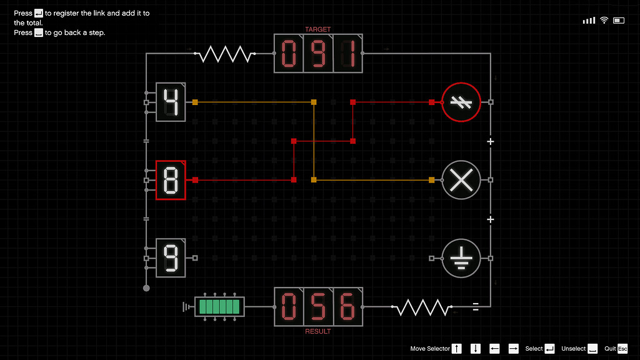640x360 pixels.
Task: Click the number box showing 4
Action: click(x=171, y=102)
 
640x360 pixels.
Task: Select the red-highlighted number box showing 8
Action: click(x=171, y=180)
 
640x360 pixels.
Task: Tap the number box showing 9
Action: click(x=171, y=258)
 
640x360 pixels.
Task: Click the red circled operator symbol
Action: click(x=461, y=102)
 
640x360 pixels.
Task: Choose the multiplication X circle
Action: click(x=461, y=180)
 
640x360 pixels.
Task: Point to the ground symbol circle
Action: click(x=461, y=258)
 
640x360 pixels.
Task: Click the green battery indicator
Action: click(x=219, y=306)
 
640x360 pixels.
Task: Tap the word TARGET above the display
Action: click(x=318, y=29)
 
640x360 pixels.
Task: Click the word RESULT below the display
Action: click(x=318, y=331)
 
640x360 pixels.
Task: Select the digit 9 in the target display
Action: click(x=318, y=54)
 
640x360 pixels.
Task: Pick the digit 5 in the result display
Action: click(x=318, y=307)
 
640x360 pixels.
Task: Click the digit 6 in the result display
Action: click(x=347, y=307)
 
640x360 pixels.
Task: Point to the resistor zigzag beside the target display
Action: click(x=225, y=54)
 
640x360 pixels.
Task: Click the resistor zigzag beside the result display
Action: click(x=422, y=307)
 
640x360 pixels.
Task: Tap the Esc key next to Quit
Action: click(x=622, y=349)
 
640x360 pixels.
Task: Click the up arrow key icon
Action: click(x=457, y=349)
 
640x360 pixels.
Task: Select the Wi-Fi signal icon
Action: click(x=604, y=21)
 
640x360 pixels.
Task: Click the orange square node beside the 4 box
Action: click(x=195, y=102)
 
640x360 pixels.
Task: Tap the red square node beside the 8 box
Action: click(x=195, y=180)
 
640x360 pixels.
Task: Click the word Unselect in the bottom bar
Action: click(x=573, y=349)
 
